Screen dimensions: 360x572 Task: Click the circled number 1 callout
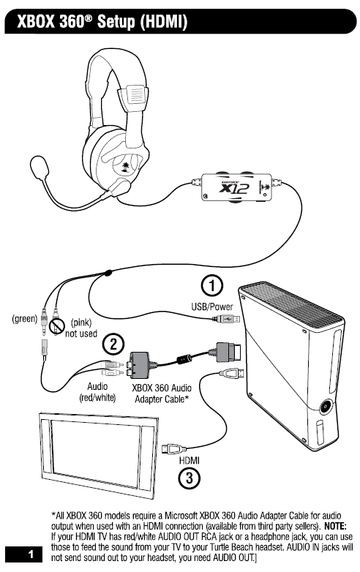click(x=212, y=285)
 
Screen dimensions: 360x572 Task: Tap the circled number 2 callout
click(x=113, y=344)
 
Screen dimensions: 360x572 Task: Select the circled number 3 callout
click(x=190, y=478)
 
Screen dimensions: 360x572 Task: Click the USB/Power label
click(x=212, y=306)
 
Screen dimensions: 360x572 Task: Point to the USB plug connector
click(x=226, y=320)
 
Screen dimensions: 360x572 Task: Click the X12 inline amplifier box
click(x=236, y=187)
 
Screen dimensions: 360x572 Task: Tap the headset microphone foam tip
click(x=39, y=167)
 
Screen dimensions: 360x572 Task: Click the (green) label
click(x=25, y=318)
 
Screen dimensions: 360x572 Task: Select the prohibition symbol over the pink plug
click(x=57, y=325)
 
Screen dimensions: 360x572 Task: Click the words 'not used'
click(x=81, y=334)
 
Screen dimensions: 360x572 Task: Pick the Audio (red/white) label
click(x=97, y=392)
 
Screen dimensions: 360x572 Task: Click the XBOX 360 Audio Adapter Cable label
click(x=162, y=394)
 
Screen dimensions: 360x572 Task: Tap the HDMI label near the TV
click(x=190, y=460)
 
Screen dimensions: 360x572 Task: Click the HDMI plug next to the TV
click(x=174, y=448)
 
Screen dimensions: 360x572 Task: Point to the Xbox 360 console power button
click(x=325, y=407)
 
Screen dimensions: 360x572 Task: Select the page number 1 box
click(x=23, y=554)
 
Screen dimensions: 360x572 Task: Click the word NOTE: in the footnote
click(x=335, y=527)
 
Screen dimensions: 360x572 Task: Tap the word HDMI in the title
click(x=164, y=21)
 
